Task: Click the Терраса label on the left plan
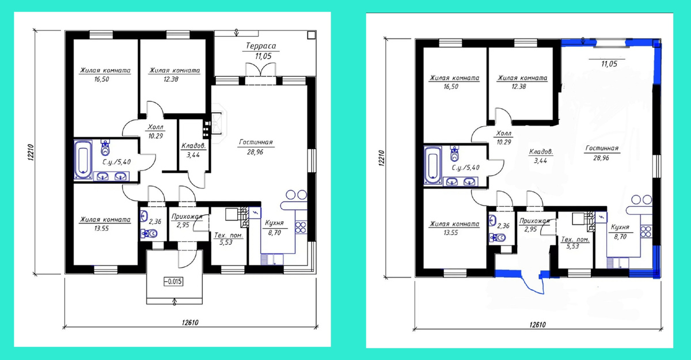pos(261,46)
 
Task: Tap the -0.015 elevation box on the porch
pos(173,281)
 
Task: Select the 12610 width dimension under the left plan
pos(190,323)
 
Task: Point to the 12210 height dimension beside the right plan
pos(381,158)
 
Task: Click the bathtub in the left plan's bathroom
pos(83,160)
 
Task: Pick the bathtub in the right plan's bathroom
pos(432,166)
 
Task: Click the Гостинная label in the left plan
pos(256,142)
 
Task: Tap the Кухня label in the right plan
pos(620,227)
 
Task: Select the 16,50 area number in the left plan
pos(101,79)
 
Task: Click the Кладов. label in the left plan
pos(193,146)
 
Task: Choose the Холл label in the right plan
pos(504,134)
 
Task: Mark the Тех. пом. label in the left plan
pos(228,236)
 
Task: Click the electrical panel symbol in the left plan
pos(255,213)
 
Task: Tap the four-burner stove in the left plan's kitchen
pos(301,228)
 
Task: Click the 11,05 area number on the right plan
pos(609,64)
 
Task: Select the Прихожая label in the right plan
pos(534,221)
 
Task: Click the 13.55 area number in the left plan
pos(101,229)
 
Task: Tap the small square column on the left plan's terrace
pos(312,35)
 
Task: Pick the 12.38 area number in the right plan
pos(519,86)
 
